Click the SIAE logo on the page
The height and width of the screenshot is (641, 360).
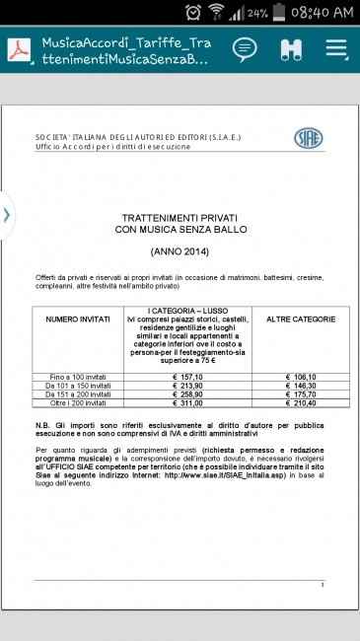(x=309, y=138)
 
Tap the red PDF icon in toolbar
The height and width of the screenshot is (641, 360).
(x=21, y=49)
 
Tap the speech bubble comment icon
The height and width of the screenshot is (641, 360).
(x=245, y=48)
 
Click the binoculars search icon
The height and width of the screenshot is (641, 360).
(x=291, y=48)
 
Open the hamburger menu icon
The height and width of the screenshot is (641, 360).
(x=336, y=48)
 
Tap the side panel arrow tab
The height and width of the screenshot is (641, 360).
(x=7, y=214)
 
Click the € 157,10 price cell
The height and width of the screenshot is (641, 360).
(x=187, y=378)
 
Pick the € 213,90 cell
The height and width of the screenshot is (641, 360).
(x=187, y=386)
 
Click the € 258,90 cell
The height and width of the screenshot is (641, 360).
(x=187, y=394)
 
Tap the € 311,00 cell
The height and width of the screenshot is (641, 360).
(x=187, y=403)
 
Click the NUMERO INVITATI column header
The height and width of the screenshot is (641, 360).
(x=79, y=320)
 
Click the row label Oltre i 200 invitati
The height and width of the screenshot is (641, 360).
(x=79, y=403)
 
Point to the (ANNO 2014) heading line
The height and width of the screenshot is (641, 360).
(x=180, y=252)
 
